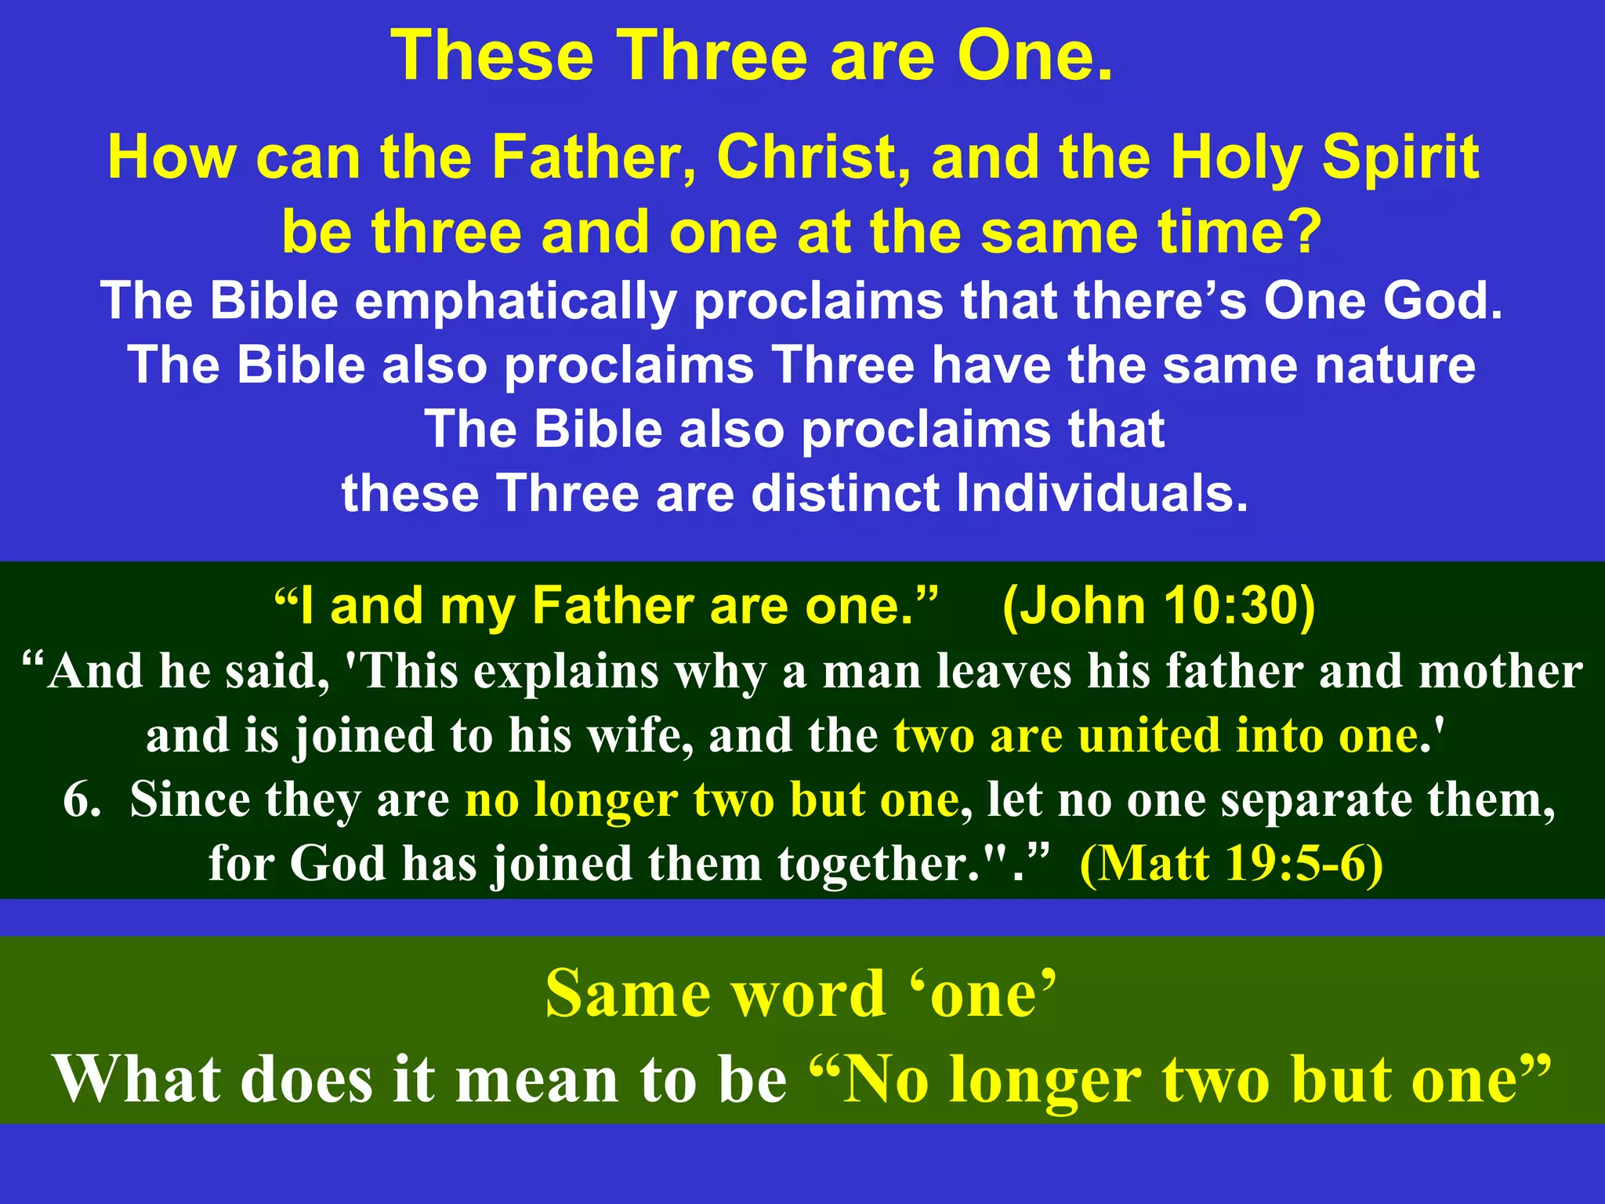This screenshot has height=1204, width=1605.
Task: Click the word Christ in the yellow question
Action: click(x=813, y=158)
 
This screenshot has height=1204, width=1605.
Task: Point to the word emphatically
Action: click(x=516, y=301)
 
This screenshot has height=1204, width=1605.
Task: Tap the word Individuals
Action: click(x=1102, y=494)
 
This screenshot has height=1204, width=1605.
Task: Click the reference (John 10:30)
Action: click(x=1159, y=607)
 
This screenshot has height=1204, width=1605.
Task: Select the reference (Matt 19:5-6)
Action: click(x=1231, y=864)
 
